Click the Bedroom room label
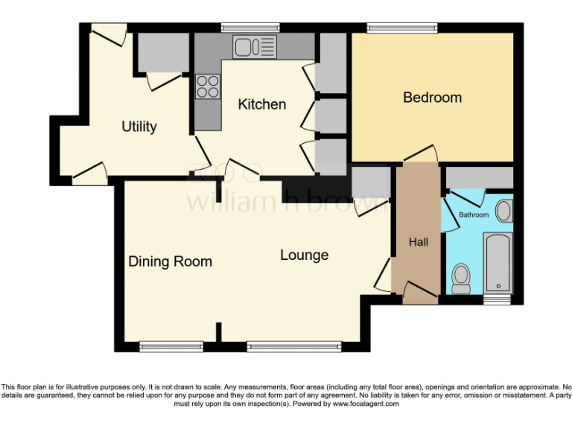pos(432,98)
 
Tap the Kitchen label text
pos(261,104)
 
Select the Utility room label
pos(139,127)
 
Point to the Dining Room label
pos(170,261)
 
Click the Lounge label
pos(304,255)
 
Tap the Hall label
pos(419,242)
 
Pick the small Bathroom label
pos(474,215)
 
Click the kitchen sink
pos(254,48)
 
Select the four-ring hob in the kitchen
pos(208,87)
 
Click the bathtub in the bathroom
pos(497,263)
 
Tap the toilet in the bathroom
pos(461,278)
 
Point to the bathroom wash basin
pos(503,211)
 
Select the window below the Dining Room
pos(171,346)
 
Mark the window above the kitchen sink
pos(250,28)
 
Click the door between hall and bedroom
pos(420,155)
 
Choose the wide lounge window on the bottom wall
pos(294,346)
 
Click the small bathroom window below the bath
pos(497,300)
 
